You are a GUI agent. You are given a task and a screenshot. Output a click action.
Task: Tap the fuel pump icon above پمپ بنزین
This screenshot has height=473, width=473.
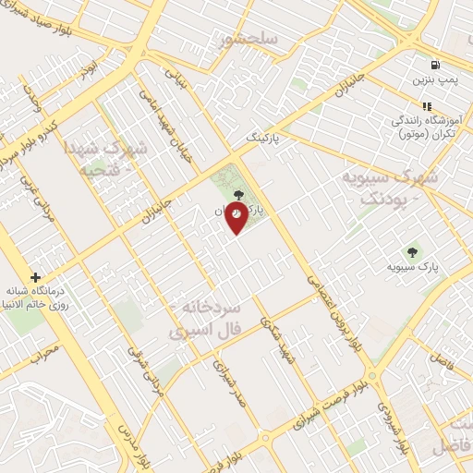433,65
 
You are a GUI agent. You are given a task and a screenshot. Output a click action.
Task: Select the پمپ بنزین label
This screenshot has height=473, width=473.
433,80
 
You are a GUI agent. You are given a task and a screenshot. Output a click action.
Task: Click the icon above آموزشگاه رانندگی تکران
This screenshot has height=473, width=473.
427,106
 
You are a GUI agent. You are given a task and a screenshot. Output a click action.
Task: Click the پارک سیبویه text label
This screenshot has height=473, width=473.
412,267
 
